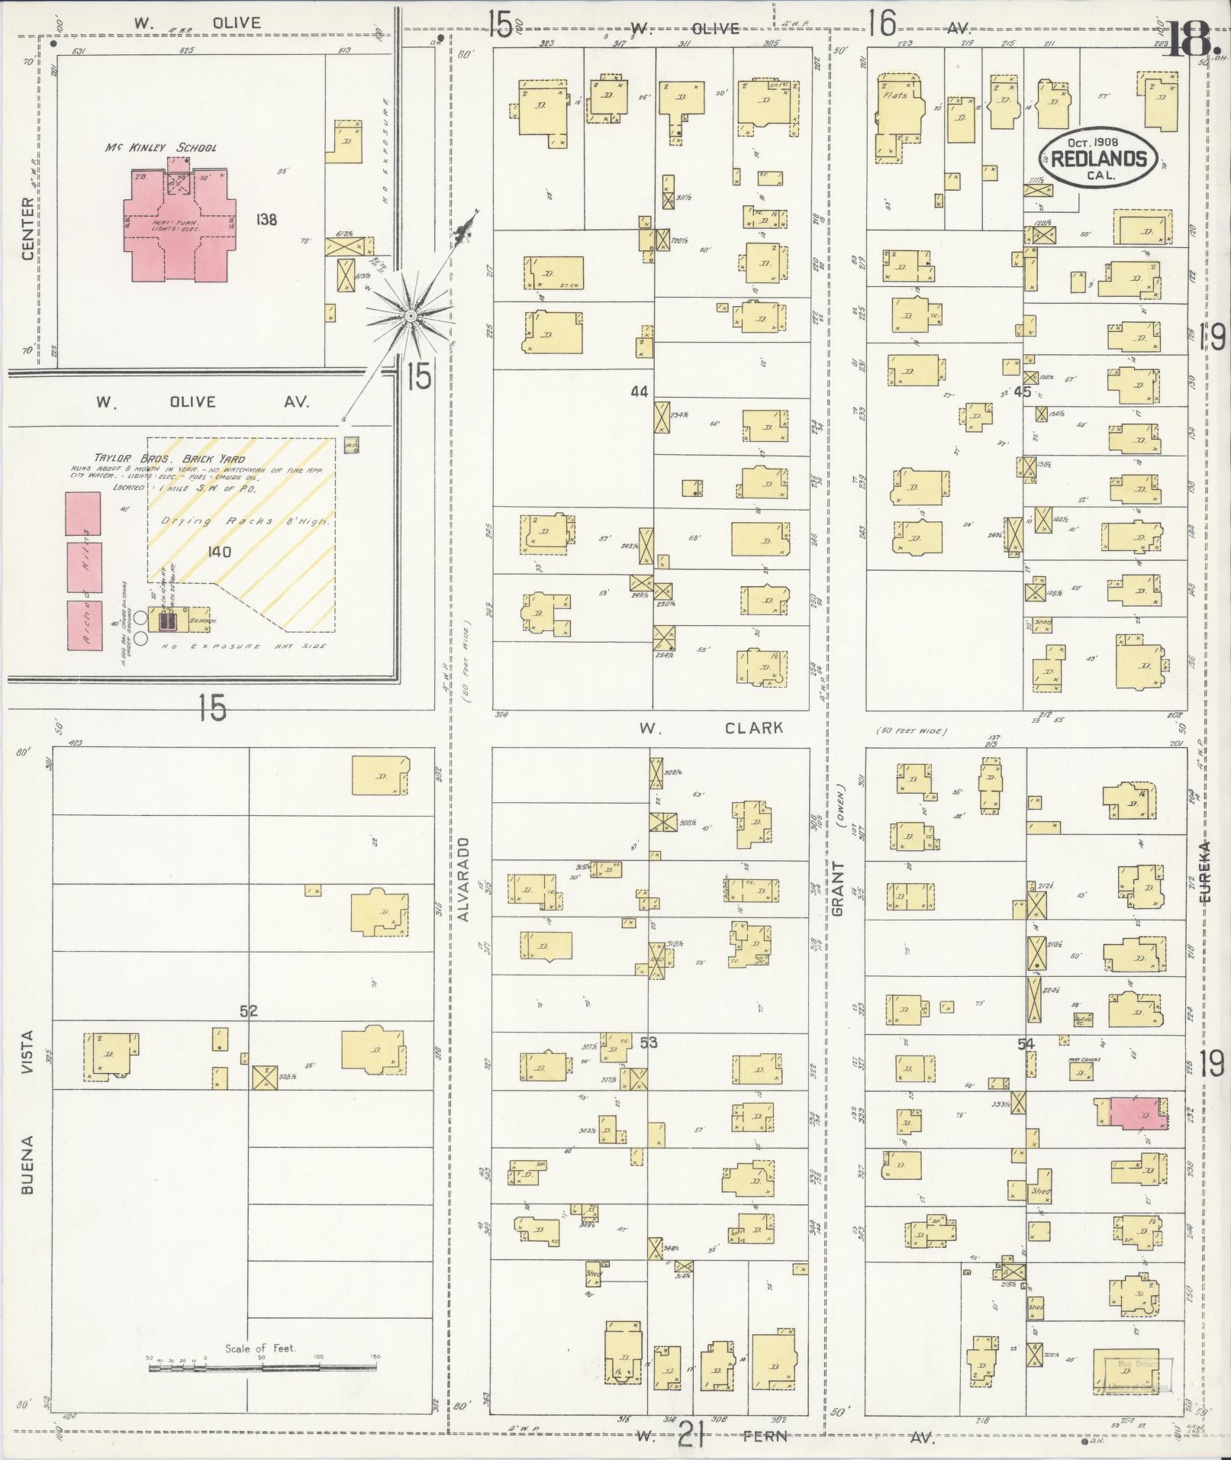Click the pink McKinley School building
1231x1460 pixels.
point(180,221)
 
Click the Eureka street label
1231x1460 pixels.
point(1205,872)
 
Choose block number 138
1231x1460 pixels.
point(266,221)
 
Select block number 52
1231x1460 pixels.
point(249,1011)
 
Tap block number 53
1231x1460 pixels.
point(648,1042)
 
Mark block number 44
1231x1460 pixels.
point(639,392)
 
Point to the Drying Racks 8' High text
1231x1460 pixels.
point(245,521)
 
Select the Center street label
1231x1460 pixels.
point(28,228)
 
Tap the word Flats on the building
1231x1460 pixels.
point(894,96)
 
